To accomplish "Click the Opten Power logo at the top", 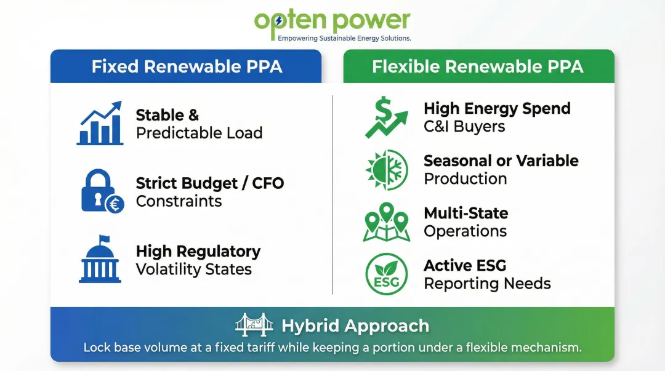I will click(332, 22).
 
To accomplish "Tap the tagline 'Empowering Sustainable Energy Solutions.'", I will click(344, 38).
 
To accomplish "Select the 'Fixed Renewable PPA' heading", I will click(187, 66).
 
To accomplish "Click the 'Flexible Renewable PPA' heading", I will click(477, 66).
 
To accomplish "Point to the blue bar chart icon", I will click(100, 124).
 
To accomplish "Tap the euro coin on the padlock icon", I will click(115, 204).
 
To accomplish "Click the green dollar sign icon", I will click(384, 117).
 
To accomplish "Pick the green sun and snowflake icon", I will click(386, 170).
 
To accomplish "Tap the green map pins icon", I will click(386, 222).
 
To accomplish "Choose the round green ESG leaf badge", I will click(386, 274).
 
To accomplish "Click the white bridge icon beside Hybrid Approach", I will click(254, 325).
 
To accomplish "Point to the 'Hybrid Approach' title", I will click(355, 325).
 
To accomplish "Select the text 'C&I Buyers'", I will click(464, 127).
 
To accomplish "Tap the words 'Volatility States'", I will click(193, 269).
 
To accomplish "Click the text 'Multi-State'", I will click(465, 213).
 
